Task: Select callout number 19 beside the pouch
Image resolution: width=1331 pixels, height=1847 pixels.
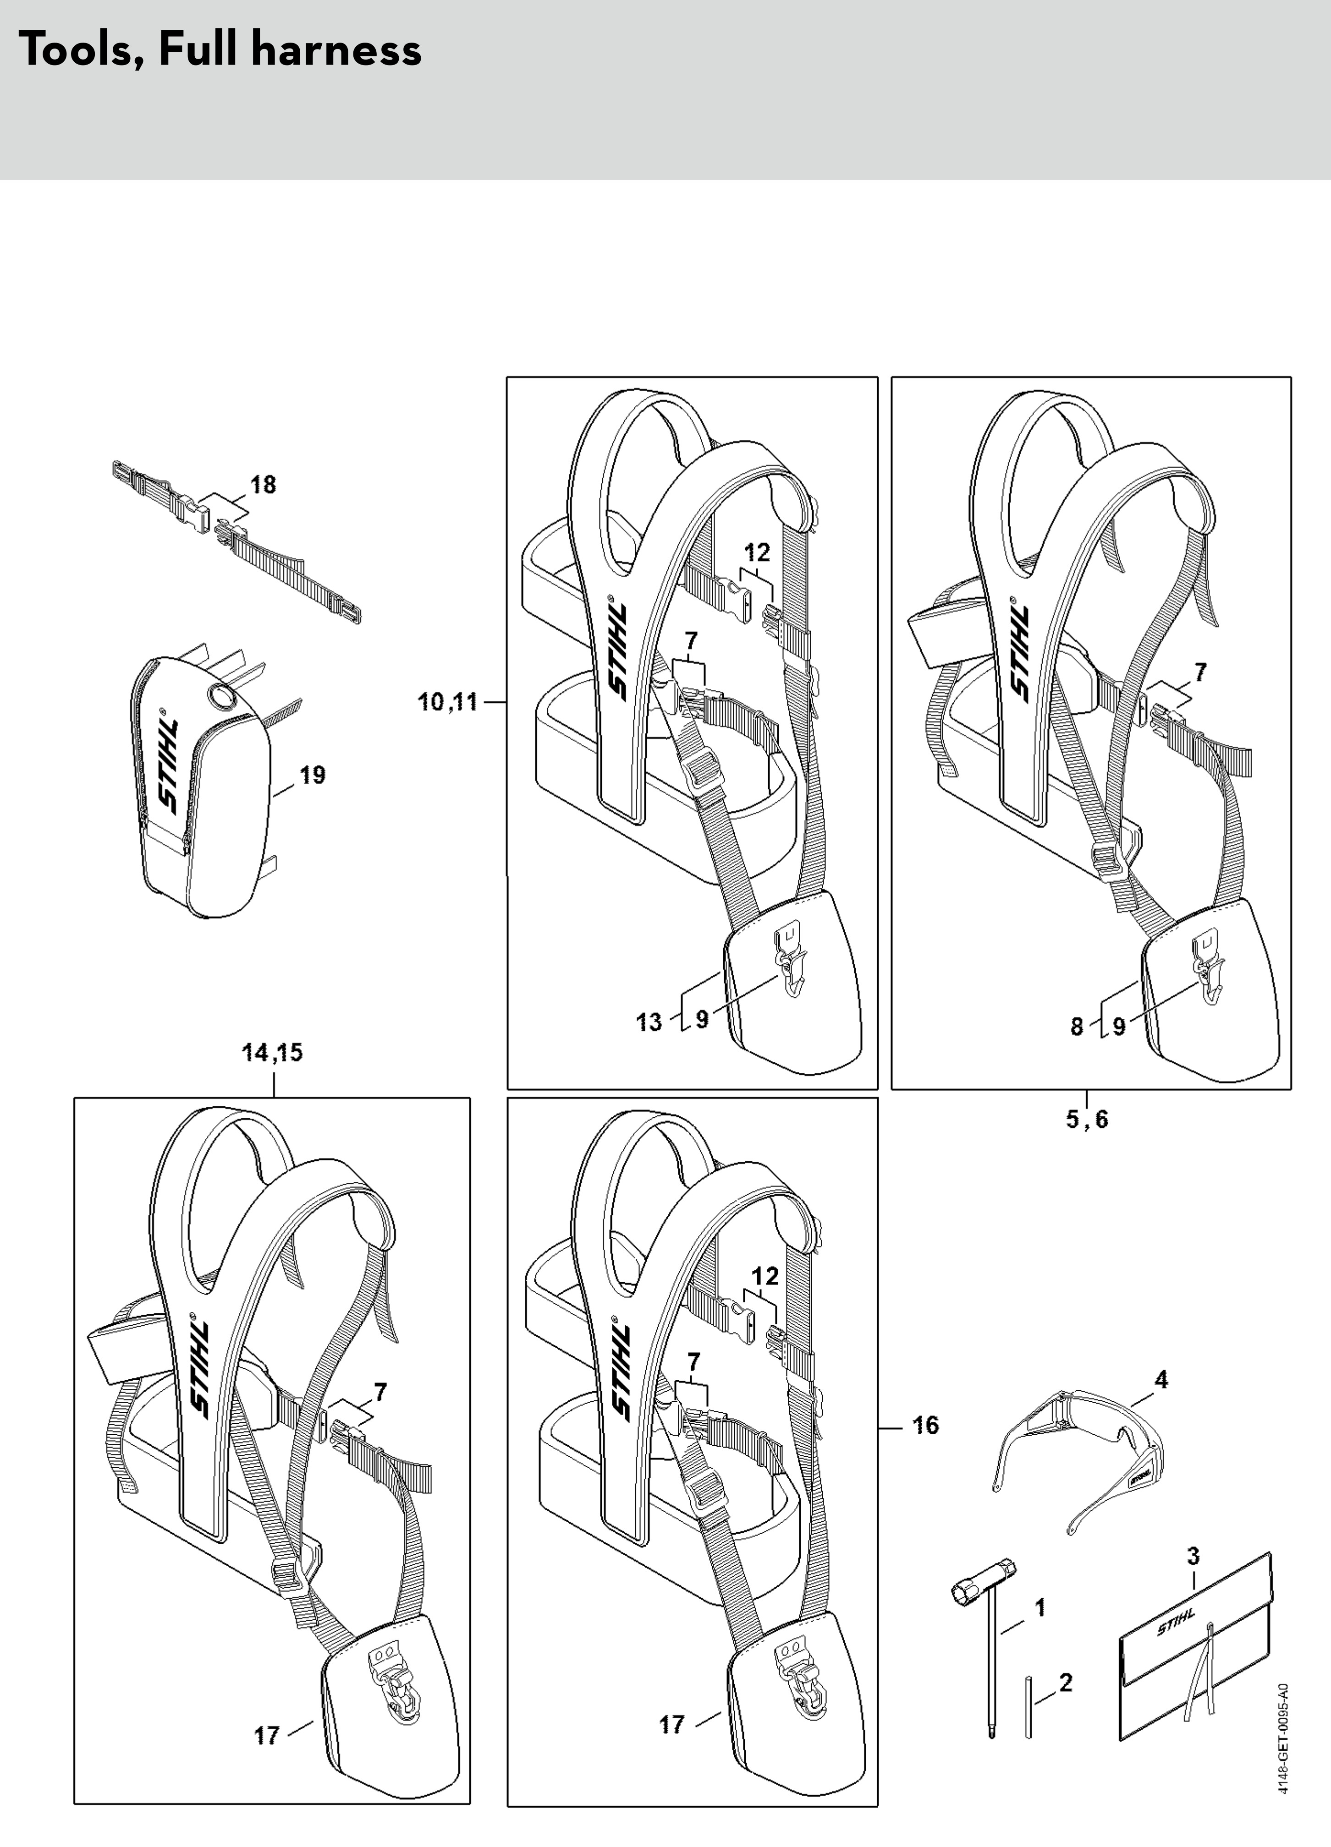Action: pyautogui.click(x=312, y=775)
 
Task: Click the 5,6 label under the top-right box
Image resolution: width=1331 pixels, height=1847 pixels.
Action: pyautogui.click(x=1088, y=1119)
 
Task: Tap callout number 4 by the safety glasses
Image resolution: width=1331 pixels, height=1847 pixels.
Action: pyautogui.click(x=1161, y=1380)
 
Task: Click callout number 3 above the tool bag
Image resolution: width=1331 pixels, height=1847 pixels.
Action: pyautogui.click(x=1193, y=1556)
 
